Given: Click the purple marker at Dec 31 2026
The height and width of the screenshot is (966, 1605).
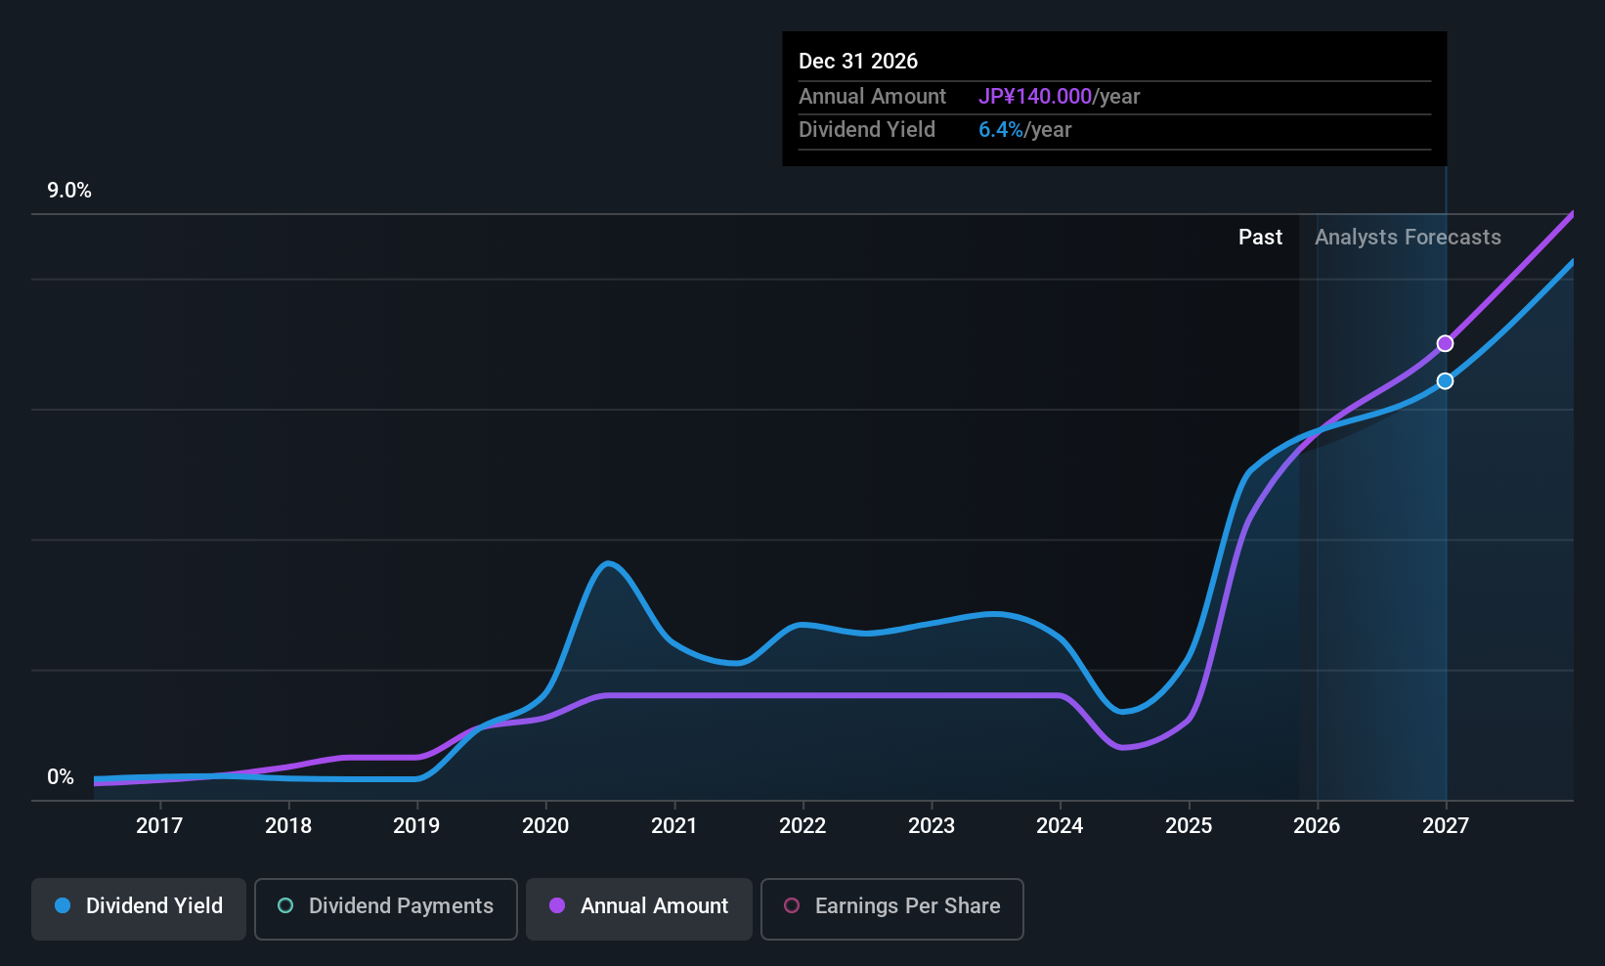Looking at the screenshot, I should coord(1445,344).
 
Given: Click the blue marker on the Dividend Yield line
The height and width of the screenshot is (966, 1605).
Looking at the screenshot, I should coord(1445,381).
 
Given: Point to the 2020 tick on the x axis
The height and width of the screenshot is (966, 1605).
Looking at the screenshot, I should coord(545,826).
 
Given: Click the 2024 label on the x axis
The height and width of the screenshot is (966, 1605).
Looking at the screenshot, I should coord(1060,826).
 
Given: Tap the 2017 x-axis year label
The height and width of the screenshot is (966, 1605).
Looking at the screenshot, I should coord(159,826).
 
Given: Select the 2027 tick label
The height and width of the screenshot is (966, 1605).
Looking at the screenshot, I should coord(1445,826).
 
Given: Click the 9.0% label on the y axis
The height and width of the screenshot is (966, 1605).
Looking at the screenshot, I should coord(69,191).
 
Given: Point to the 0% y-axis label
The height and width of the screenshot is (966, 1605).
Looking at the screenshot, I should coord(61,777).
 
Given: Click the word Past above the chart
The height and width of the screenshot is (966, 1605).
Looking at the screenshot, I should coord(1260,238).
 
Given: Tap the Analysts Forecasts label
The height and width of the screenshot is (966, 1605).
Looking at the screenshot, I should coord(1408,238).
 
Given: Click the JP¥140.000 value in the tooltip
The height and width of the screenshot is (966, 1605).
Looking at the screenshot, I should coord(1034,97).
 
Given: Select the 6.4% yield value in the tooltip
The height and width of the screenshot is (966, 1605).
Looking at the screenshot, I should coord(1000,130).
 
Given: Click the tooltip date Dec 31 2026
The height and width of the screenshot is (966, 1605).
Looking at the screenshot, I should coord(858,62).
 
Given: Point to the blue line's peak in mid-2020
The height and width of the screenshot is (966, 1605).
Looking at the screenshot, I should coord(608,563).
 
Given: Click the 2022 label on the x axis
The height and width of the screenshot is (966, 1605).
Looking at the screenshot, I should coord(802,826).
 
